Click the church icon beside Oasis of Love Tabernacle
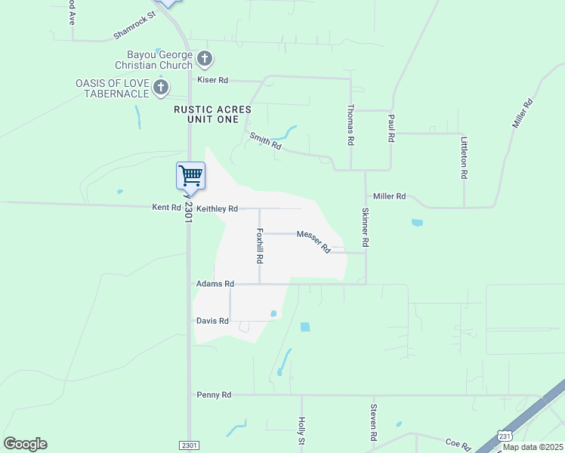tap(160, 88)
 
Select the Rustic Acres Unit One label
tap(211, 114)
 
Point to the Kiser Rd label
tap(212, 79)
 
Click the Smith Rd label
tap(265, 140)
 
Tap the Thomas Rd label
tap(351, 125)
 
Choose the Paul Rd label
tap(391, 128)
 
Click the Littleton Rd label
tap(465, 157)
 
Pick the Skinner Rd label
tap(366, 228)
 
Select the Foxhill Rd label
tap(260, 245)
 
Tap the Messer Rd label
tap(313, 242)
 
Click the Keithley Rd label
tap(217, 208)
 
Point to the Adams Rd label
tap(215, 284)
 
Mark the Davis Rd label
tap(212, 321)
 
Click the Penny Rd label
tap(214, 394)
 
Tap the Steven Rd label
tap(373, 423)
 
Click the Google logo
tap(25, 444)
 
